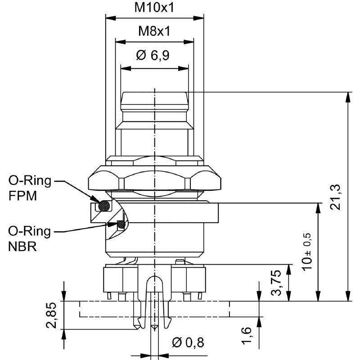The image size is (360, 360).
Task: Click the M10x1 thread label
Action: (154, 8)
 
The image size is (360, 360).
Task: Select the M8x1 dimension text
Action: (154, 31)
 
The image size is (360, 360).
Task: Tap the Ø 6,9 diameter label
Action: (153, 55)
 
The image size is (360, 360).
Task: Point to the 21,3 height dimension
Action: (335, 197)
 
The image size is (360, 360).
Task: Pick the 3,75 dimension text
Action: (276, 283)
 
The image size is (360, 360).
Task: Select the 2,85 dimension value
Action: (51, 315)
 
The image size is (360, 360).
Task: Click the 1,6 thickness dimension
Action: (247, 335)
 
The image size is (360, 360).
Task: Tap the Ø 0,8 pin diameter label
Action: (188, 342)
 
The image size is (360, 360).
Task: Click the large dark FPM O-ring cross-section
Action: (104, 206)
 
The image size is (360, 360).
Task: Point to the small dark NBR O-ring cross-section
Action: (121, 224)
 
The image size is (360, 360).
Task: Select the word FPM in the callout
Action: (22, 196)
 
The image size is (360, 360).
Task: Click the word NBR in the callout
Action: (22, 247)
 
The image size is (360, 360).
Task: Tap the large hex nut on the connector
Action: (154, 178)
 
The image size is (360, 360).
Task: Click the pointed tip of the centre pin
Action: (154, 329)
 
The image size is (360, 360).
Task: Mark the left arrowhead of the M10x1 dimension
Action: (111, 18)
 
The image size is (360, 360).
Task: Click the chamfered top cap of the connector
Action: (154, 98)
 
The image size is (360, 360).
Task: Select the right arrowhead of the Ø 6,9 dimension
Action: (183, 68)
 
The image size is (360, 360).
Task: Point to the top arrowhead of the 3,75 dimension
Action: (289, 270)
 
